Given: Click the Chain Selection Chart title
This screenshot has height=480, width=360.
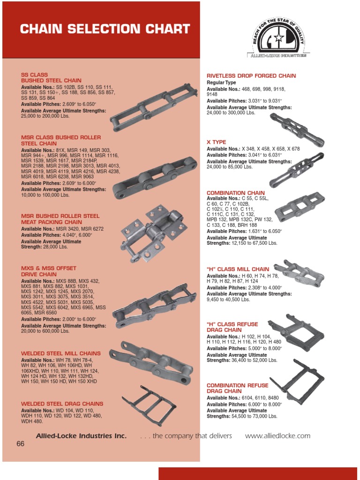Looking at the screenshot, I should (x=105, y=29).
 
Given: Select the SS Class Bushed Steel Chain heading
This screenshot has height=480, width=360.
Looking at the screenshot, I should (x=51, y=78).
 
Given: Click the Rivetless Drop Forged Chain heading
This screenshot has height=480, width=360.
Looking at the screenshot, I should (x=251, y=76).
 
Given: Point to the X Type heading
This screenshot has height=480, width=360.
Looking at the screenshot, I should (x=217, y=142).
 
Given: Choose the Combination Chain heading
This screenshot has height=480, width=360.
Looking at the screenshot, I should (x=236, y=193).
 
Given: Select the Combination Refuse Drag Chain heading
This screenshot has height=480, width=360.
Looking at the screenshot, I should (x=238, y=388).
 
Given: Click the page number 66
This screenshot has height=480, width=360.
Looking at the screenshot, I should (x=20, y=444).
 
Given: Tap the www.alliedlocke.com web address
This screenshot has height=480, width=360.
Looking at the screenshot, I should (x=277, y=436).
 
